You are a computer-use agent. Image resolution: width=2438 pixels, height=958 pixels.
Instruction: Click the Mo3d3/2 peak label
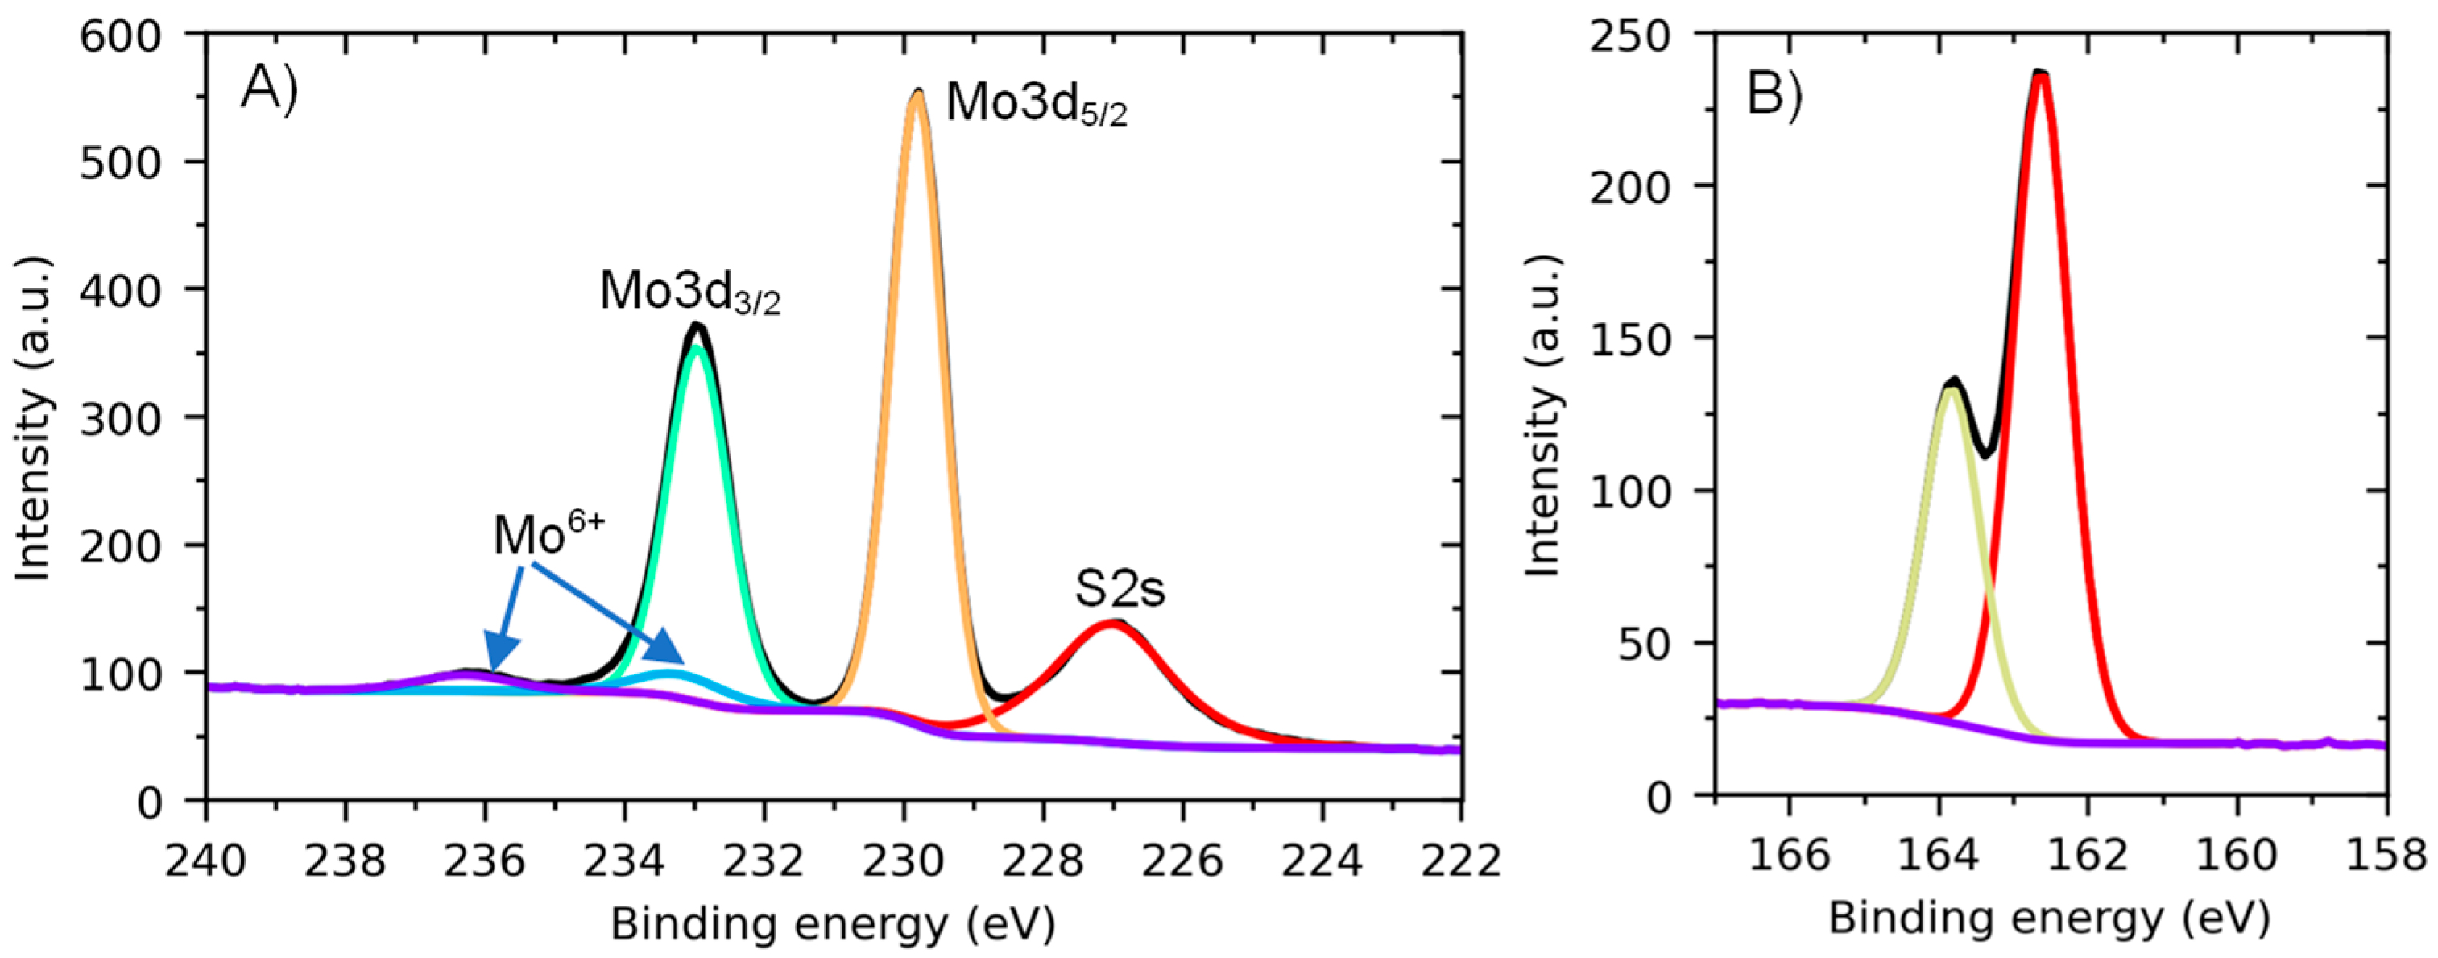tap(690, 292)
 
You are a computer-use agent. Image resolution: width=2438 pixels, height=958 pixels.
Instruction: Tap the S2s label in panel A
tap(1119, 589)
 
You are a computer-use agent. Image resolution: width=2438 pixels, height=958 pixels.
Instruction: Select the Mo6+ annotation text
tap(548, 536)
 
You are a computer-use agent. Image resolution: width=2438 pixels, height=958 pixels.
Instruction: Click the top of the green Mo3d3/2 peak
tap(697, 347)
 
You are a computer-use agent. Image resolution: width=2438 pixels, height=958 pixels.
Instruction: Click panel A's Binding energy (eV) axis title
tap(832, 924)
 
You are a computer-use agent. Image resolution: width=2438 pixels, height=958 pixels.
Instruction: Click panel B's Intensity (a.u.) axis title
tap(1544, 416)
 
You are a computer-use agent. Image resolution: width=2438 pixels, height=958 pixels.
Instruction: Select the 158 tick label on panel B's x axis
tap(2385, 855)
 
